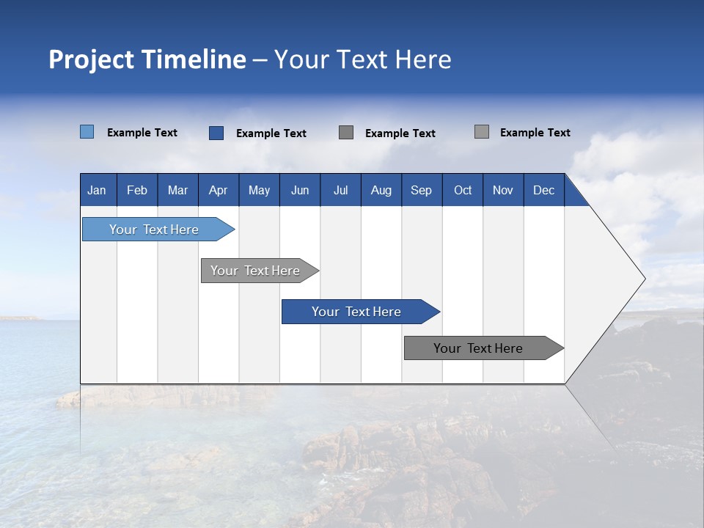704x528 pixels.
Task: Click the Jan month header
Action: (x=98, y=190)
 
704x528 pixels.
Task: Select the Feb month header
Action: (x=137, y=190)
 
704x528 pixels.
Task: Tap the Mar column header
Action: (x=177, y=190)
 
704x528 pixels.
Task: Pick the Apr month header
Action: (x=219, y=190)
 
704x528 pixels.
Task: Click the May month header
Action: (x=259, y=190)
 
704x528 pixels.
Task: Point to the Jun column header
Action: (x=300, y=190)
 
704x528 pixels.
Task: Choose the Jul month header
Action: (x=340, y=190)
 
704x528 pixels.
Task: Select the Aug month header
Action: (x=381, y=190)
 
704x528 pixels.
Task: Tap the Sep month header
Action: (x=422, y=190)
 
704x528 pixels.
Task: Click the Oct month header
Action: (x=463, y=190)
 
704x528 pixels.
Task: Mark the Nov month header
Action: (x=503, y=190)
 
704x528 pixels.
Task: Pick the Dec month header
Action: (x=544, y=190)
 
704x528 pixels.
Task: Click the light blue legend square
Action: (x=87, y=132)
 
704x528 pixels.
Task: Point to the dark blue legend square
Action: (x=216, y=133)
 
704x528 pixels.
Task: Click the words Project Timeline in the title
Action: (x=147, y=59)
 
